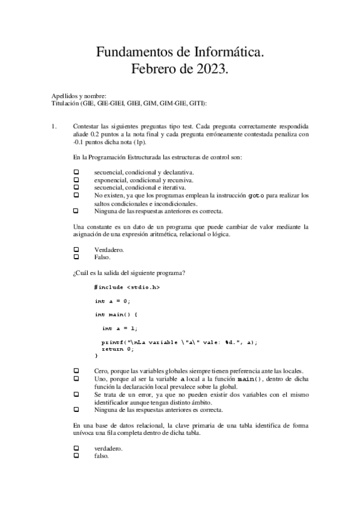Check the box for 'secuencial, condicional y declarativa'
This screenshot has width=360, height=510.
(76, 173)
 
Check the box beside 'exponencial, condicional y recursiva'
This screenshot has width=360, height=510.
(76, 180)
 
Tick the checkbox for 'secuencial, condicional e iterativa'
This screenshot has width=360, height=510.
(76, 187)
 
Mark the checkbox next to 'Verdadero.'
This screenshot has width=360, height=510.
(76, 250)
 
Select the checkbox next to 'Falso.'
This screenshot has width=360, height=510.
(76, 257)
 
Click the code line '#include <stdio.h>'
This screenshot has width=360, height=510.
(127, 287)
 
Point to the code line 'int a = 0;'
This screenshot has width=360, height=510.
(112, 301)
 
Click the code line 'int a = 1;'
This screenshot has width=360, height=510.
(120, 328)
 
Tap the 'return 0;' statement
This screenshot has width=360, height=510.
(118, 349)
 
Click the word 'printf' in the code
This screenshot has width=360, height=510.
(111, 342)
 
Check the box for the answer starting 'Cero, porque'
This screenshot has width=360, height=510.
(76, 370)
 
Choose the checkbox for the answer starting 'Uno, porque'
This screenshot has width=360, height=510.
(76, 378)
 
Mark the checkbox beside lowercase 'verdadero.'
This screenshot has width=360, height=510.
(76, 449)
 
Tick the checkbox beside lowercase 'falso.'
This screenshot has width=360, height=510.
(76, 456)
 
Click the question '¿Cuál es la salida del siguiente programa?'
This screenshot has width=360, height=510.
(129, 273)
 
